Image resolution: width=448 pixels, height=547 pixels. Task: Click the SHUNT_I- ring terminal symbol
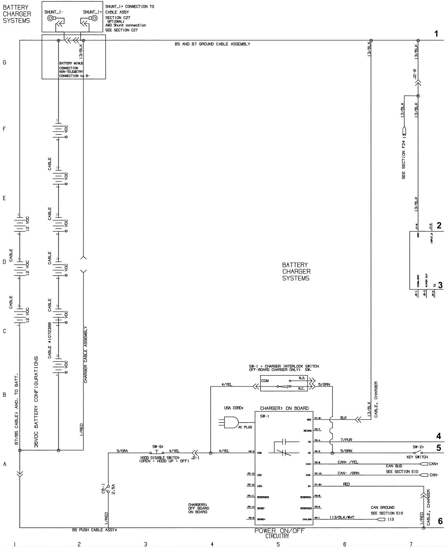(51, 19)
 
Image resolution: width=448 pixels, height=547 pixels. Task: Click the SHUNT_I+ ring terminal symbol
(94, 19)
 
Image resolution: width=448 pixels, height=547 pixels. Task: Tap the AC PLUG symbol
(231, 423)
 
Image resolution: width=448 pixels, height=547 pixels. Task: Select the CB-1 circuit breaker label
(103, 488)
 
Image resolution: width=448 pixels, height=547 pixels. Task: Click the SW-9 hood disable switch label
(158, 447)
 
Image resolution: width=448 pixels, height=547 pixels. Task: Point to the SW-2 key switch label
(418, 447)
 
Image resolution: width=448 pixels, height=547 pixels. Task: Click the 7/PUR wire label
(346, 440)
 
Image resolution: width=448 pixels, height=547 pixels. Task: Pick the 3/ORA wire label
(122, 451)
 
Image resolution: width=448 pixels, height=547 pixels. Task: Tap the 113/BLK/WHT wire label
(342, 517)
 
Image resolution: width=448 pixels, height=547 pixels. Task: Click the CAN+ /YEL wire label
(348, 462)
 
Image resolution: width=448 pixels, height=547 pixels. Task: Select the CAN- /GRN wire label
(348, 473)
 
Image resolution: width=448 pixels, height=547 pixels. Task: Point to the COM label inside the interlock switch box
(265, 381)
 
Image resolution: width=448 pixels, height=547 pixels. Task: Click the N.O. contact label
(302, 378)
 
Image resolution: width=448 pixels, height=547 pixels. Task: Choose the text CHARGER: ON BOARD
(284, 408)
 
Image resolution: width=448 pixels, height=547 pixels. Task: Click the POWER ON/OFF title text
(279, 531)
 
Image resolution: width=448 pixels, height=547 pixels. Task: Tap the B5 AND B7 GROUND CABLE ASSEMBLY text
(212, 44)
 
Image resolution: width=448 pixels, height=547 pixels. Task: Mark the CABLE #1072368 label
(50, 340)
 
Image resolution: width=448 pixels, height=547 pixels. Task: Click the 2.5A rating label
(113, 488)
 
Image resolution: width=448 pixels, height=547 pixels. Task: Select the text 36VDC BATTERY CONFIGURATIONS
(36, 402)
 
